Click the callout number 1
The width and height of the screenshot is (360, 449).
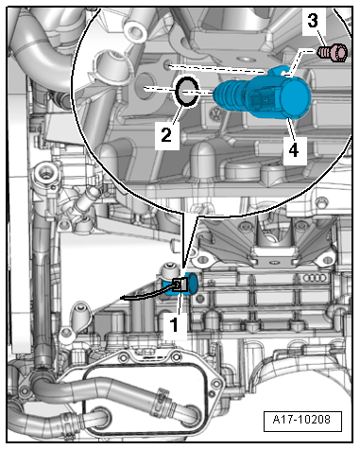tap(174, 325)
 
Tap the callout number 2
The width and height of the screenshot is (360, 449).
tap(166, 135)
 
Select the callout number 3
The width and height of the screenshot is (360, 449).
tap(313, 22)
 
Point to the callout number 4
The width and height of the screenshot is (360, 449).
tap(294, 150)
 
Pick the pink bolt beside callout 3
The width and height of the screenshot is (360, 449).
tap(332, 52)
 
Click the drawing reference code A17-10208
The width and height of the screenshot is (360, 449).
tap(301, 420)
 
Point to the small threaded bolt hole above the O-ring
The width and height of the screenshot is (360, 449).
tap(167, 65)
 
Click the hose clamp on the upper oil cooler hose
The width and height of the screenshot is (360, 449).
tap(161, 402)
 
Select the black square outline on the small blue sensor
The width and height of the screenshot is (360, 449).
tap(180, 285)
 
